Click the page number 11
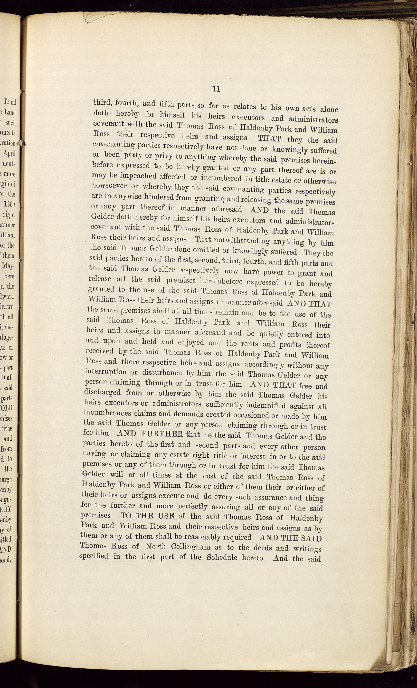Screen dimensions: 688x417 click(216, 89)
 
